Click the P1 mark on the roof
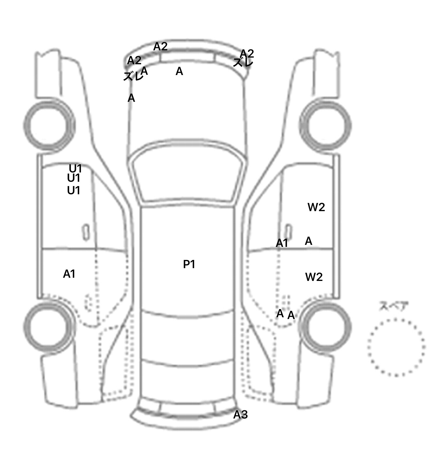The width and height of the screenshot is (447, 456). point(189,264)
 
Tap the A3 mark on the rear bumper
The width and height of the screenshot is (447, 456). point(240,414)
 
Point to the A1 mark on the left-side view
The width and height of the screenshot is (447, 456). point(69,274)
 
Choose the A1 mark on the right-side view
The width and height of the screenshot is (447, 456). point(282,243)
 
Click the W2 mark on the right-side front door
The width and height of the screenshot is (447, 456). point(316,207)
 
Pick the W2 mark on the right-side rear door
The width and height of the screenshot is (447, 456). point(314,277)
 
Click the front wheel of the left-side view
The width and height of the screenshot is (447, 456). point(49,126)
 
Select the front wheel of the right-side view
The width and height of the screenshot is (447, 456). point(325,126)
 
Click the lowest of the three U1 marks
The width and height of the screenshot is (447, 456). point(74,190)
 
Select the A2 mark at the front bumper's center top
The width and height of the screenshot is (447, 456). point(160,46)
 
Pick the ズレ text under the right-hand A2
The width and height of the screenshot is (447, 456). point(243,62)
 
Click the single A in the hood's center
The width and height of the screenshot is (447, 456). point(179,71)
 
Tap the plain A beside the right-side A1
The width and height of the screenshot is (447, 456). point(308,241)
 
